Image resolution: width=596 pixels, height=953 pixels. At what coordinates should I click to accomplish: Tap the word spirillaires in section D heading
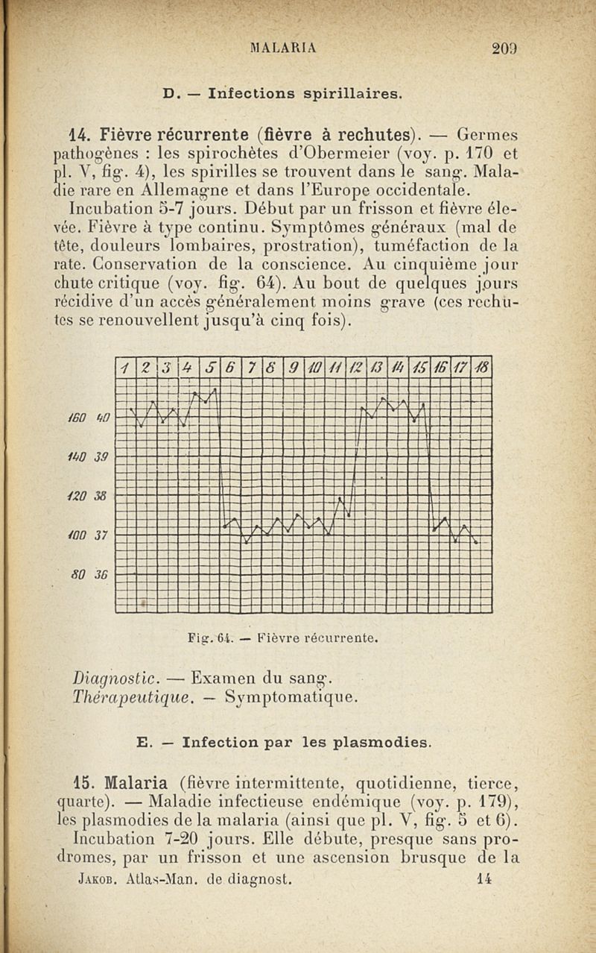point(353,94)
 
